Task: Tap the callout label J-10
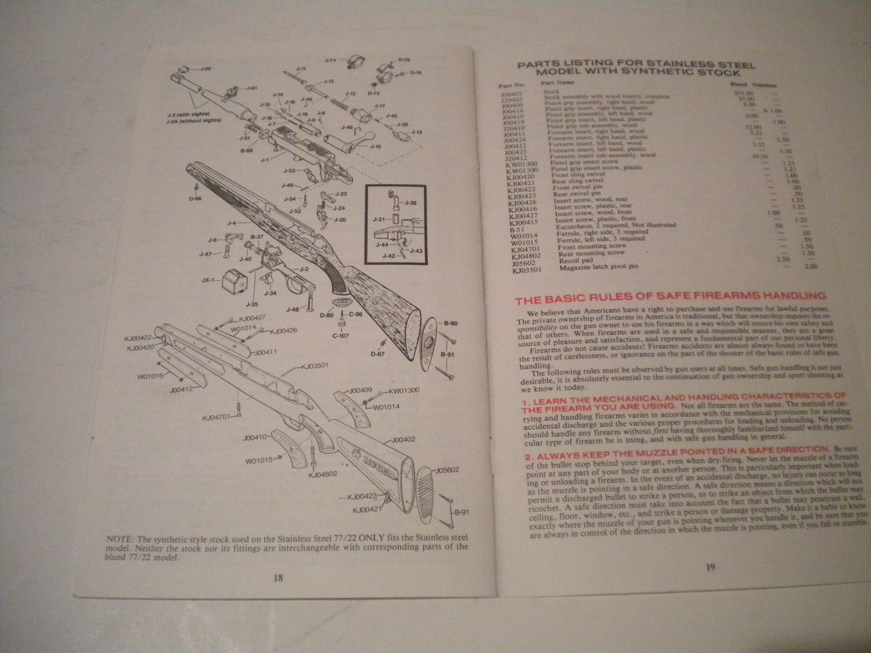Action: click(376, 147)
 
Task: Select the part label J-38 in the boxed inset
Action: click(411, 203)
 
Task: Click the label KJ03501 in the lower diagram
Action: click(314, 366)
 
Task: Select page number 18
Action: click(278, 578)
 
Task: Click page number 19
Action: click(710, 568)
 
